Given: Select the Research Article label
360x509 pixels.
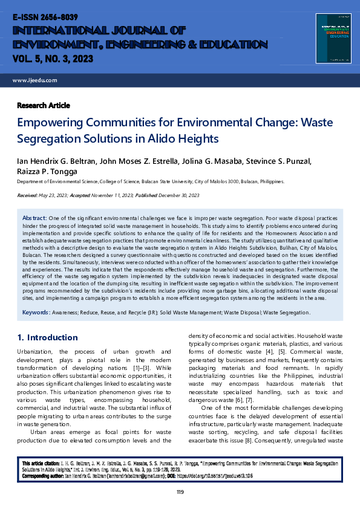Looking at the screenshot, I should (44, 105).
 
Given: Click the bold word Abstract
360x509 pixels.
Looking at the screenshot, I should (34, 218).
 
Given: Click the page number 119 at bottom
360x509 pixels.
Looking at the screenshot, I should (180, 492).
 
